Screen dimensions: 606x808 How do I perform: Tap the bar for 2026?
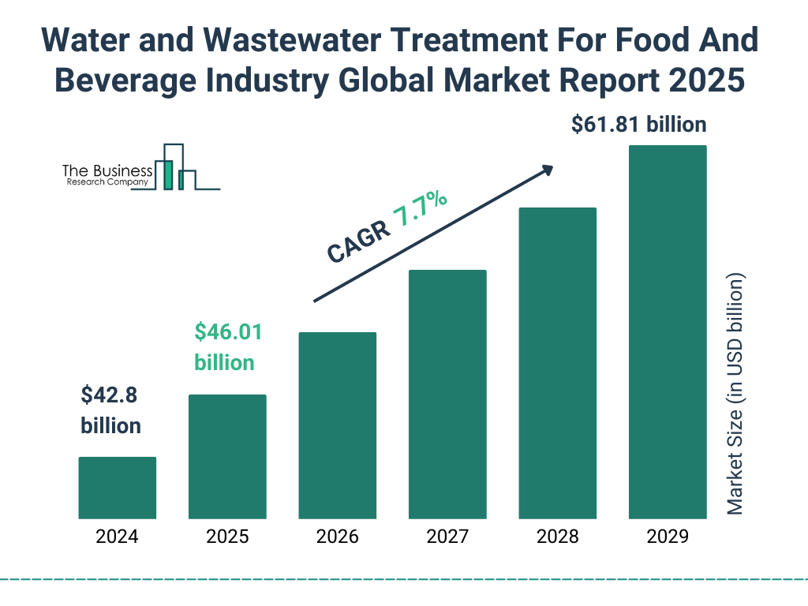click(337, 425)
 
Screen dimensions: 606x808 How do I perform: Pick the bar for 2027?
click(447, 395)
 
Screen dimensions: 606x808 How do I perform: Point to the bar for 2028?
click(557, 363)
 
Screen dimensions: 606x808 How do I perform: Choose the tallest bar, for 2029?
click(668, 332)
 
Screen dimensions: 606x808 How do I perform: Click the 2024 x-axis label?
click(117, 537)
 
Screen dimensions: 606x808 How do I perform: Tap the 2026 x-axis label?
click(337, 537)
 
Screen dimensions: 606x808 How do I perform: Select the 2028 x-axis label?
click(557, 537)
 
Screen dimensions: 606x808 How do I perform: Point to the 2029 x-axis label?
click(668, 537)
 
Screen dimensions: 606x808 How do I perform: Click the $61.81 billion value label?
click(639, 125)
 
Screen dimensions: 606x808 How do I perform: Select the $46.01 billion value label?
click(227, 346)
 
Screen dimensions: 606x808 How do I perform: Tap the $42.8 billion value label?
click(111, 410)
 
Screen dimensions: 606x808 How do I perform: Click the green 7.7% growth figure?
click(421, 211)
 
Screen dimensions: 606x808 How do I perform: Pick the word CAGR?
click(358, 241)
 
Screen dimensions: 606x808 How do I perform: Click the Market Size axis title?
click(735, 395)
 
